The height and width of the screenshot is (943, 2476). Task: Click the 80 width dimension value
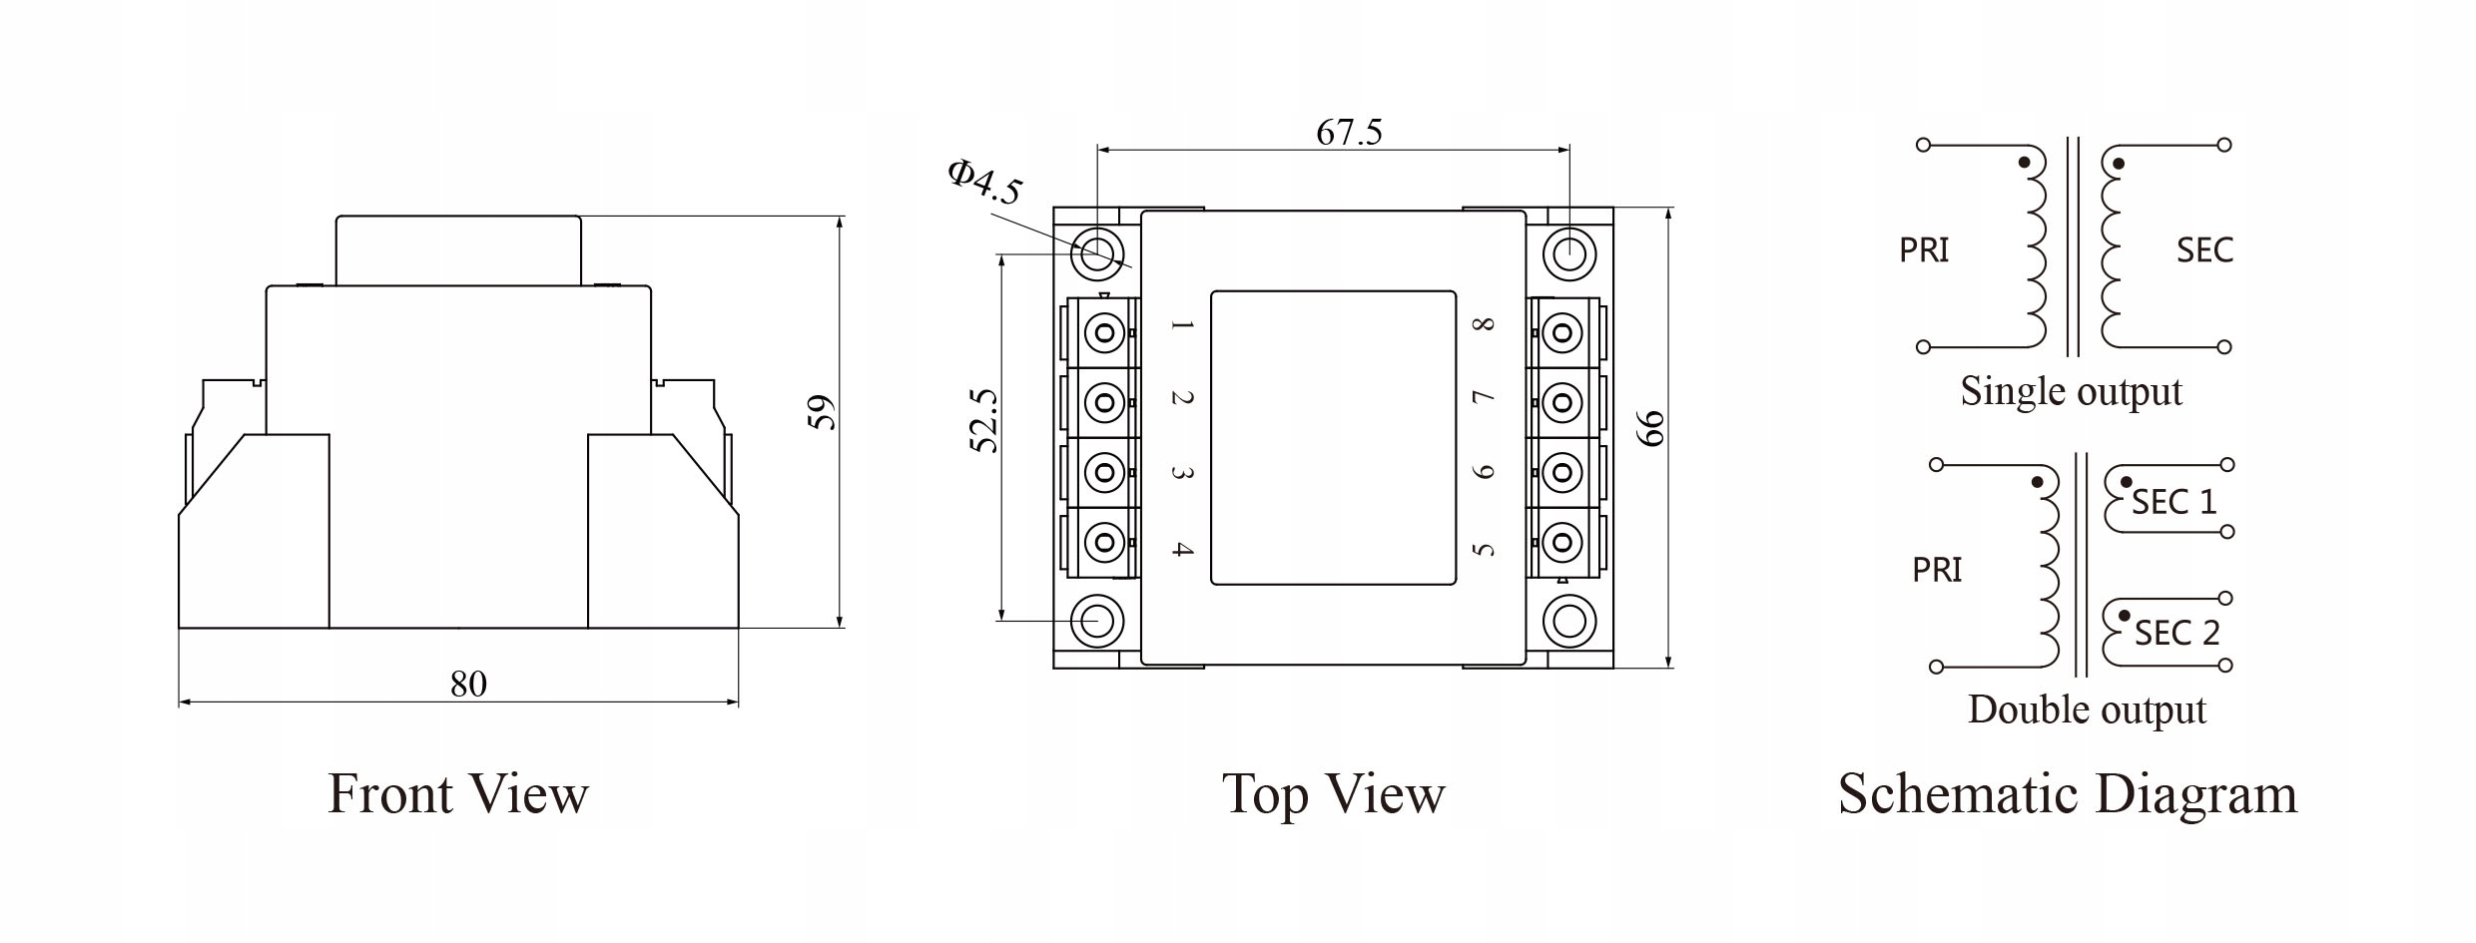click(468, 685)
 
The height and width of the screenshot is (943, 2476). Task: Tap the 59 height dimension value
click(821, 413)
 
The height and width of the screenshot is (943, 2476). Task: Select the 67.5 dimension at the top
click(1349, 133)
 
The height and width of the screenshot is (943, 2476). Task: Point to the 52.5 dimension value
click(984, 421)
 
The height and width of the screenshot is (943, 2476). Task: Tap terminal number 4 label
click(1182, 549)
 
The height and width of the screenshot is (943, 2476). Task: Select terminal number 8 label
click(1484, 325)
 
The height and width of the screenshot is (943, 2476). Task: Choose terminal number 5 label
click(1484, 549)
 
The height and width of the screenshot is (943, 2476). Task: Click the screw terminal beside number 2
click(1104, 402)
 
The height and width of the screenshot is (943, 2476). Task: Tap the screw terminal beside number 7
click(1562, 403)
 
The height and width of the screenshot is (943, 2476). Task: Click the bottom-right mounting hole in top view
click(1568, 622)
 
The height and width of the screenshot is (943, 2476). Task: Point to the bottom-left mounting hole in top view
click(1097, 622)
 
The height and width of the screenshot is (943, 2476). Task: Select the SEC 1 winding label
click(2173, 502)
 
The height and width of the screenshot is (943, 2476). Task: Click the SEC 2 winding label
click(2176, 633)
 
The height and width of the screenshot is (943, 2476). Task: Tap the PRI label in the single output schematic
click(1924, 249)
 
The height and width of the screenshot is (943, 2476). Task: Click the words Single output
click(2071, 391)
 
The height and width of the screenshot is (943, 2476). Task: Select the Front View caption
click(458, 794)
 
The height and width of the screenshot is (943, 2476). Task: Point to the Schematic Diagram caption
click(2068, 794)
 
